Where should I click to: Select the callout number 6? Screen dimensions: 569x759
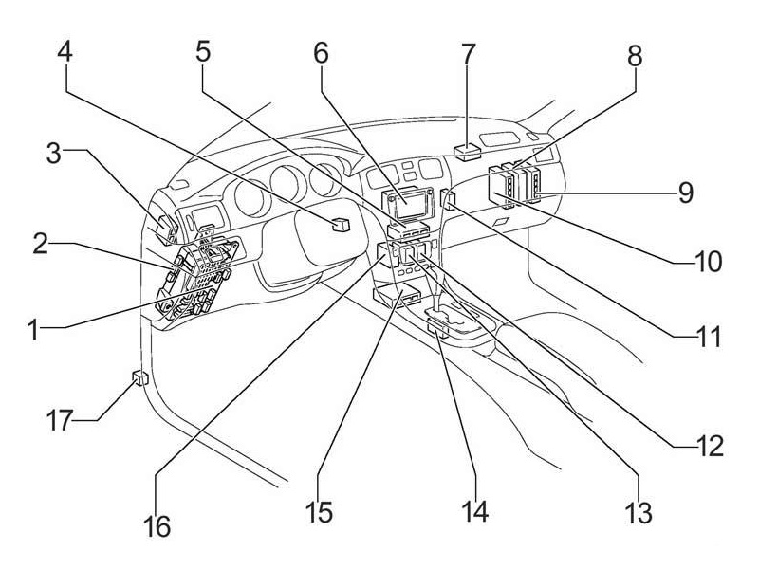pyautogui.click(x=321, y=54)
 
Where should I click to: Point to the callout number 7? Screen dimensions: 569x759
pyautogui.click(x=467, y=54)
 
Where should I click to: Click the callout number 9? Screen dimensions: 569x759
pyautogui.click(x=685, y=193)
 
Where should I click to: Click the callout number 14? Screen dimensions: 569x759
pyautogui.click(x=474, y=513)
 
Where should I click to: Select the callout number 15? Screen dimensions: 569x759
pyautogui.click(x=321, y=513)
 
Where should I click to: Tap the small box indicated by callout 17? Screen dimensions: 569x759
pyautogui.click(x=139, y=379)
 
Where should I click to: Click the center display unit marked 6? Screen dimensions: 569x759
pyautogui.click(x=408, y=200)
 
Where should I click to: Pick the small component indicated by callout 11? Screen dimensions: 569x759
pyautogui.click(x=448, y=200)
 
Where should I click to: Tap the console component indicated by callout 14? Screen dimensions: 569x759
pyautogui.click(x=437, y=328)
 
